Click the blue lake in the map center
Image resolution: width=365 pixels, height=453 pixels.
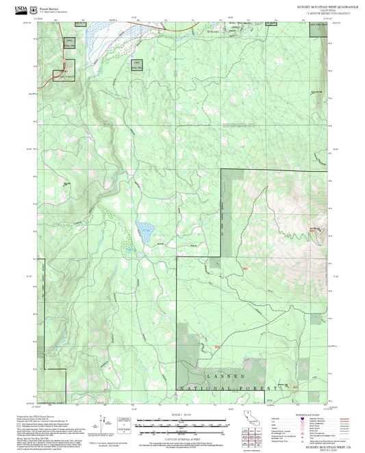click(x=144, y=231)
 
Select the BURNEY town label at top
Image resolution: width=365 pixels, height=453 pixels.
click(x=214, y=31)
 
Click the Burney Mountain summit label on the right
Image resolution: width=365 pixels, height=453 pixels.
click(x=314, y=228)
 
